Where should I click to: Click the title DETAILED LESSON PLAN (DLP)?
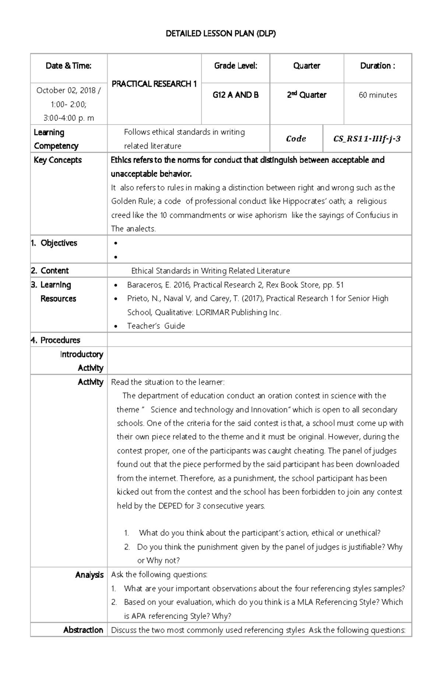click(221, 34)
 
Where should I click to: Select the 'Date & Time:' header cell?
click(69, 66)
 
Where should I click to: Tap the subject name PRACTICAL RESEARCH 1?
click(154, 84)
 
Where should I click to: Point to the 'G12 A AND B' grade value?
click(236, 95)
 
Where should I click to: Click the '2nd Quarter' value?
click(306, 95)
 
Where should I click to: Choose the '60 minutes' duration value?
click(378, 95)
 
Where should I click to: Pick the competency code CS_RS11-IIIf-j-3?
click(367, 139)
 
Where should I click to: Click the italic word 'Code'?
click(296, 139)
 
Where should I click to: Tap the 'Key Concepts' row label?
click(58, 160)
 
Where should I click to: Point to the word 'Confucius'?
click(372, 215)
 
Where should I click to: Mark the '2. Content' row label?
click(50, 271)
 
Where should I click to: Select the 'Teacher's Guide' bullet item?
click(156, 326)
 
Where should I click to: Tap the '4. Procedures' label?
click(56, 340)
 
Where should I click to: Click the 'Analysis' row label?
click(89, 575)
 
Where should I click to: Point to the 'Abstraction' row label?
click(83, 630)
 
